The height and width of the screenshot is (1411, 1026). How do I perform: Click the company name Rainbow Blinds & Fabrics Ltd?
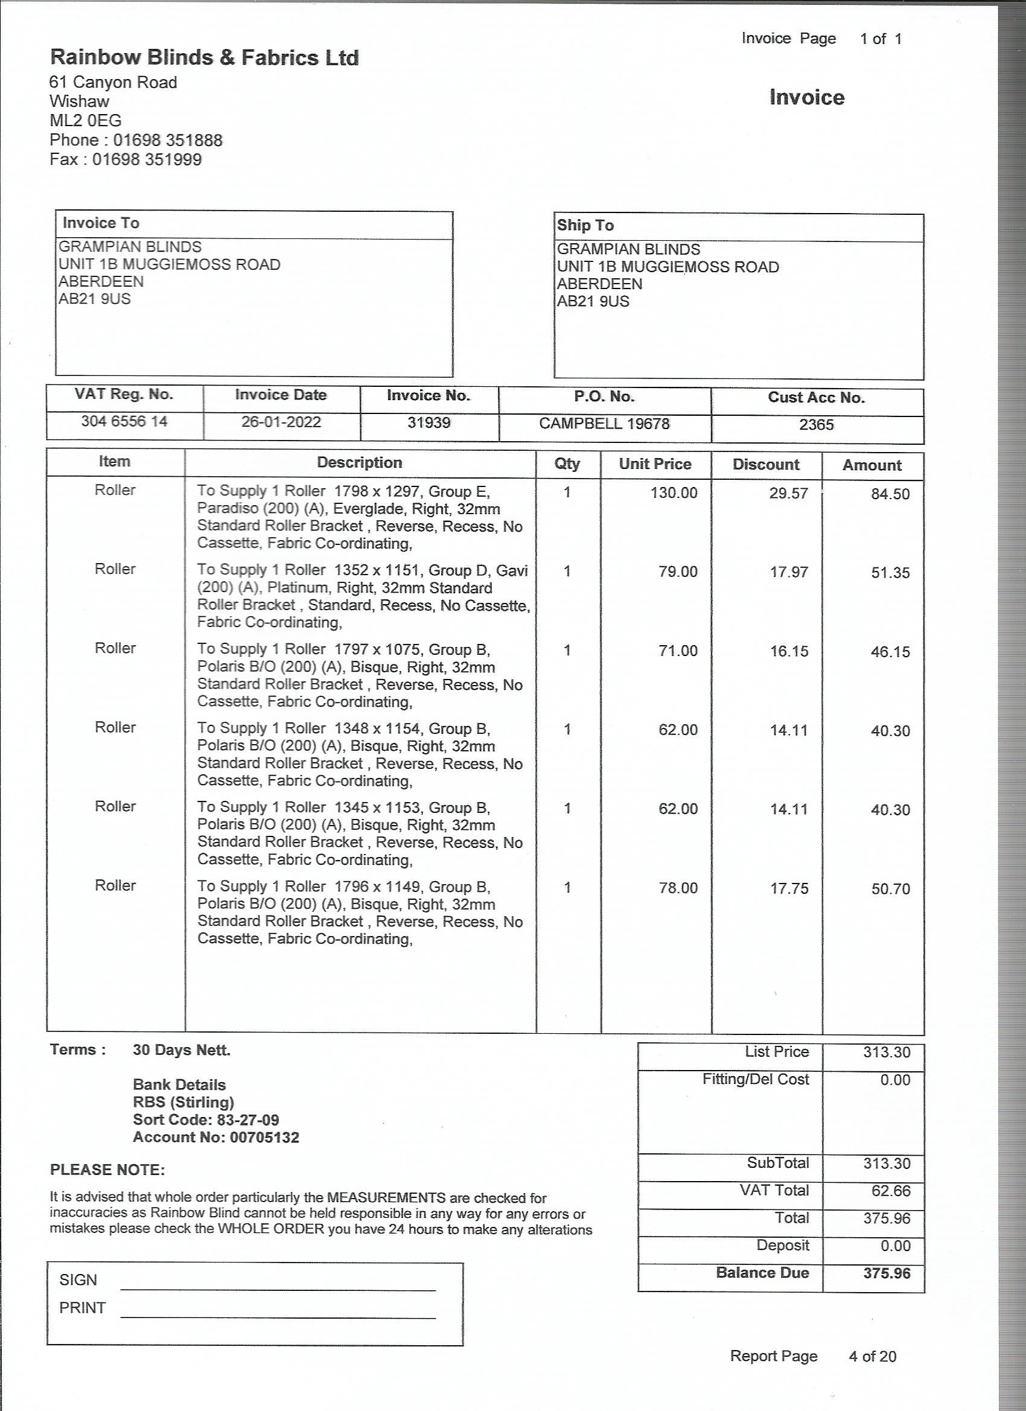click(x=204, y=58)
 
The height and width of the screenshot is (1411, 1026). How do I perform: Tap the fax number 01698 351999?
click(x=147, y=160)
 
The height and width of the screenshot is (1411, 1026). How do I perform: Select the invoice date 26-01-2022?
click(x=281, y=422)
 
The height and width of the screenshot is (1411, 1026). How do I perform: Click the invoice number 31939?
click(x=429, y=423)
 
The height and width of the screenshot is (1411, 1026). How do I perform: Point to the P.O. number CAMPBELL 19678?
click(x=604, y=424)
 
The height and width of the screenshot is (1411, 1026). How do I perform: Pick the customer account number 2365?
click(x=817, y=425)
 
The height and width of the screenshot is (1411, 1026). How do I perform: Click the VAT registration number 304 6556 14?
click(x=124, y=422)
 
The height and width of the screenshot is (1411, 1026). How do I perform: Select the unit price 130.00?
click(x=674, y=493)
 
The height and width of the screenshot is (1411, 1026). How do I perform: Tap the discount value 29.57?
click(x=788, y=494)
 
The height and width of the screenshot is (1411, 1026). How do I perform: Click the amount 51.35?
click(x=890, y=573)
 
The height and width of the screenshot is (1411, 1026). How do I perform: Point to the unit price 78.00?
click(x=678, y=888)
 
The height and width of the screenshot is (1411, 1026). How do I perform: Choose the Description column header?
click(x=360, y=463)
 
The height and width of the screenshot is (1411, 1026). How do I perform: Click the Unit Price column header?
click(x=655, y=464)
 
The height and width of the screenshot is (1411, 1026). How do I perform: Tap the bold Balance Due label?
click(x=762, y=1273)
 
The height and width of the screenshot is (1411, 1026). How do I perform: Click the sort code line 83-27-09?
click(x=206, y=1120)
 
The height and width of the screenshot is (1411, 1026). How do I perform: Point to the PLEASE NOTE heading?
click(x=107, y=1170)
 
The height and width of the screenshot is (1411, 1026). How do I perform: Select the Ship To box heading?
click(x=585, y=225)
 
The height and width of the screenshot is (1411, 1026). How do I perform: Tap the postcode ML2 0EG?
click(x=86, y=121)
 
